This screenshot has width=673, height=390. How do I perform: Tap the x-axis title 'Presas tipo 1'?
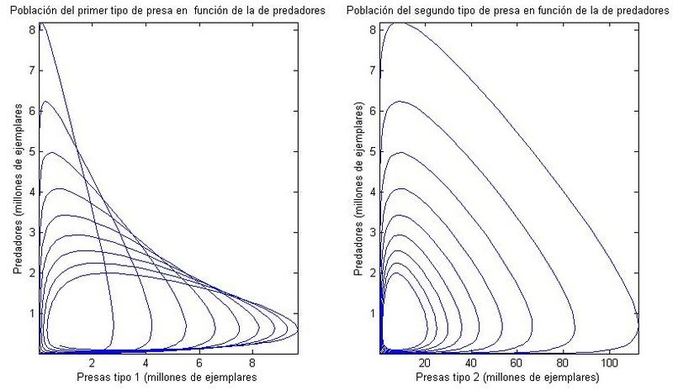[165, 378]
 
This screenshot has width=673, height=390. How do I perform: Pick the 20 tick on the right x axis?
[424, 364]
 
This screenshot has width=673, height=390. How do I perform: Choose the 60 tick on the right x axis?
[515, 364]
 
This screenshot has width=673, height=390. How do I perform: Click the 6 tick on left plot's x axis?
[199, 364]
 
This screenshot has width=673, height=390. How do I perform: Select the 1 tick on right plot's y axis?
[374, 313]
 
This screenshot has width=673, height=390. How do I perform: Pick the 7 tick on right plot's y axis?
[374, 70]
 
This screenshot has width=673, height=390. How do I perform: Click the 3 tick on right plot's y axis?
[374, 232]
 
